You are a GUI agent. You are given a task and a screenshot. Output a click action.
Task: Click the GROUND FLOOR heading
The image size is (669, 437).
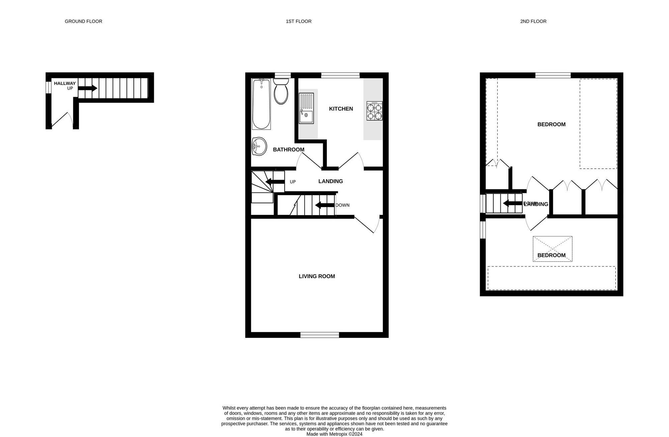83,21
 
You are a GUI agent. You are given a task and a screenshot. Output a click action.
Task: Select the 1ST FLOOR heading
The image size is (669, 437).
298,21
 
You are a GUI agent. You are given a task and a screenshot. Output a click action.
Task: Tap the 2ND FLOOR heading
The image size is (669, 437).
533,21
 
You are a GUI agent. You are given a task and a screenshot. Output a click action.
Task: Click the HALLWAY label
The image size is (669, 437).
65,83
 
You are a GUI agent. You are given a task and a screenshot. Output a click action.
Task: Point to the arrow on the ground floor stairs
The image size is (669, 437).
88,88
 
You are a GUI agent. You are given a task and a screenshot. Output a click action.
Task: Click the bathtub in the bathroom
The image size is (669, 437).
261,104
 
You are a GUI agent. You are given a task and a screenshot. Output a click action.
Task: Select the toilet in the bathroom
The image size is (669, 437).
281,92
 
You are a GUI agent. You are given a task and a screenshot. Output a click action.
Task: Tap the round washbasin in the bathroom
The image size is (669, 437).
259,147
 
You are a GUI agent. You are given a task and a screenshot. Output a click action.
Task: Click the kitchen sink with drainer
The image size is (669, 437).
306,108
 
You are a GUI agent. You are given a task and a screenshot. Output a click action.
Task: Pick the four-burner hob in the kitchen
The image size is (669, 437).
374,111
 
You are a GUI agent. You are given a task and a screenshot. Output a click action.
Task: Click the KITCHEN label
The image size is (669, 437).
341,109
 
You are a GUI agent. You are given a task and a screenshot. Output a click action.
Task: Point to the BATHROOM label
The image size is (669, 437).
288,150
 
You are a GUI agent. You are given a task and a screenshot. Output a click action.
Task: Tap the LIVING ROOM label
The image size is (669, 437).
317,276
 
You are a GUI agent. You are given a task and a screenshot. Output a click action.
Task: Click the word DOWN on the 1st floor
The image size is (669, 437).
343,205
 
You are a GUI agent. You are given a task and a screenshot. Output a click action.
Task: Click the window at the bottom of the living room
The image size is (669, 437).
319,335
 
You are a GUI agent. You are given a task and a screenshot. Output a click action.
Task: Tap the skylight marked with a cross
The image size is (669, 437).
553,249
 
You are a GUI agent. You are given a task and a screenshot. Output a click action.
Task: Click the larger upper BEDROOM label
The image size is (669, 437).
551,124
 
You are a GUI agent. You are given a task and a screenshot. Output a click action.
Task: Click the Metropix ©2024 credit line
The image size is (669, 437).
334,434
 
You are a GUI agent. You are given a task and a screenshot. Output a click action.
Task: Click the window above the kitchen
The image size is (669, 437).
340,75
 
